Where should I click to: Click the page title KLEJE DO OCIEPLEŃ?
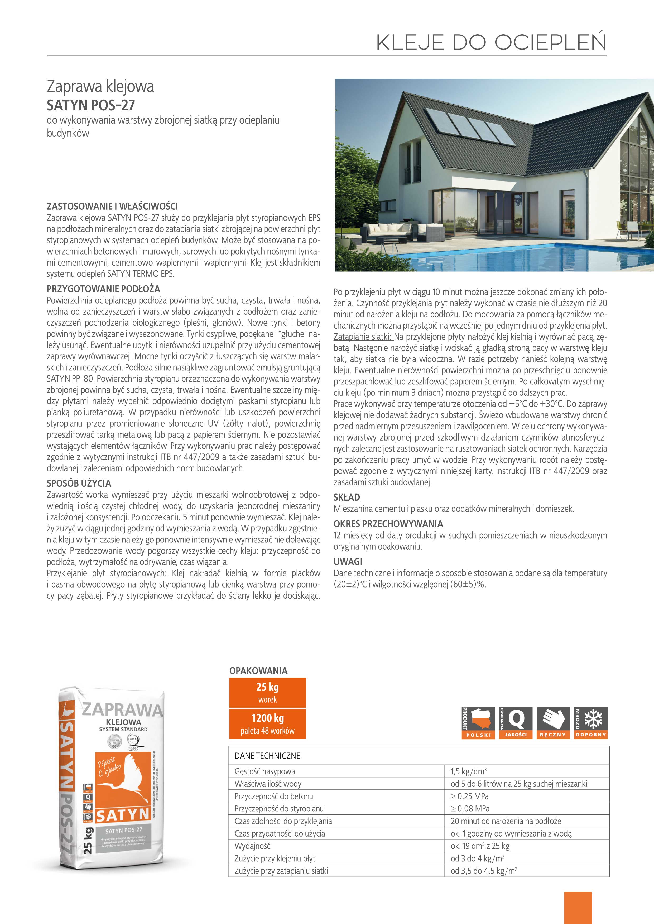491,42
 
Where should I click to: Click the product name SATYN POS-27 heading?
91,105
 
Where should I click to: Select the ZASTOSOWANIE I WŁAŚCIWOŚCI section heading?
112,207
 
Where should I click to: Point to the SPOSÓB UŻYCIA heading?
79,483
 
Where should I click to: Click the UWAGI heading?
348,561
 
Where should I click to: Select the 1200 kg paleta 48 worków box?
267,723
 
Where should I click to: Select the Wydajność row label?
252,846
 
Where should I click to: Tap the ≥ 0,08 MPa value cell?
470,809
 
